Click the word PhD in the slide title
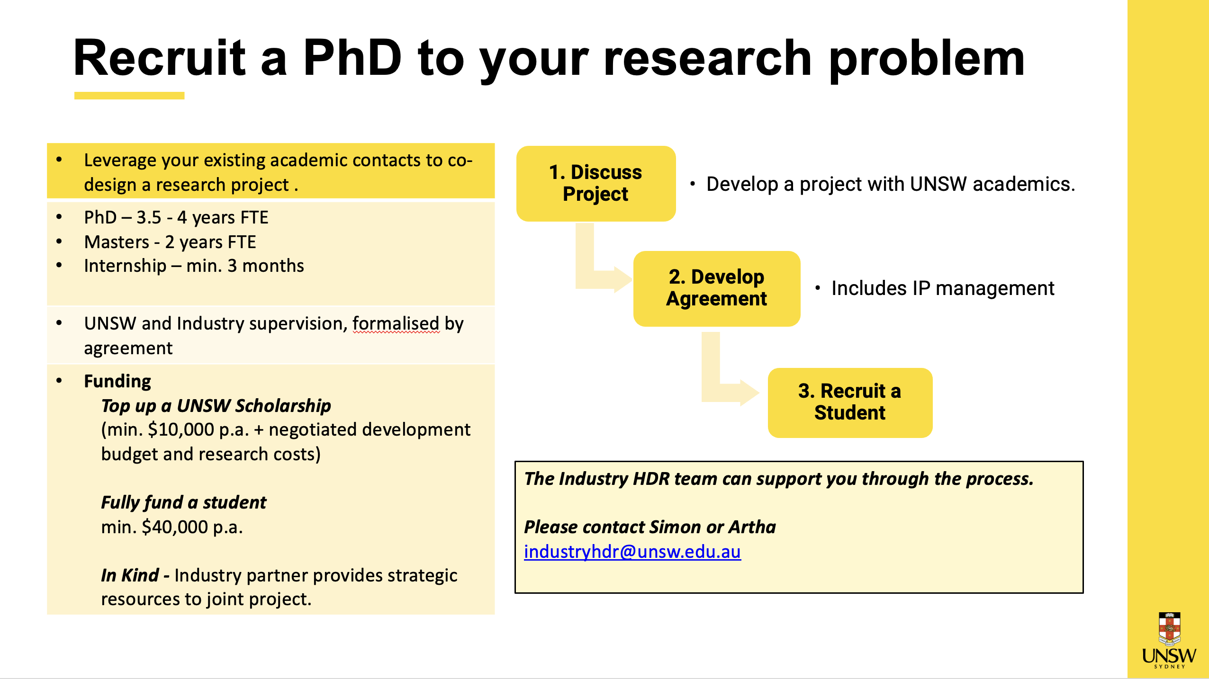click(353, 58)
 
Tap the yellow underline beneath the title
click(129, 96)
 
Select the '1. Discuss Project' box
click(596, 184)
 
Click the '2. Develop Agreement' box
click(717, 288)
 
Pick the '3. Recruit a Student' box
click(850, 402)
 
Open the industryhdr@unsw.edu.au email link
click(632, 552)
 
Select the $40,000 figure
click(175, 527)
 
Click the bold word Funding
click(117, 381)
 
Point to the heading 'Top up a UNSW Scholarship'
click(216, 406)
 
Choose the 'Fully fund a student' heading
click(184, 502)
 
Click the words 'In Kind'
click(130, 575)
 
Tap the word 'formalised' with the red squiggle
click(396, 324)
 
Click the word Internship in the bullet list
click(125, 266)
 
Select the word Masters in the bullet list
click(117, 242)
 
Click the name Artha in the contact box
click(752, 527)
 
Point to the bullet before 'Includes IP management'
click(818, 288)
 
